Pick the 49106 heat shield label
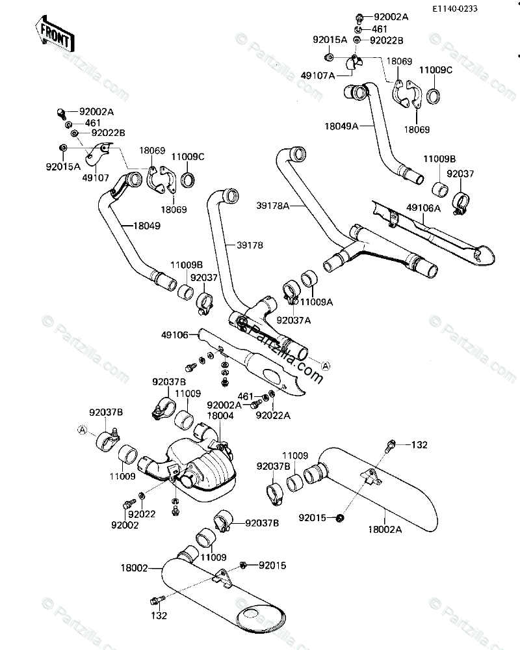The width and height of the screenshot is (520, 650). coord(175,335)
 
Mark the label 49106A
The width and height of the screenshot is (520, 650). coord(424,208)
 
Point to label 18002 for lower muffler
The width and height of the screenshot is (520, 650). coord(134,567)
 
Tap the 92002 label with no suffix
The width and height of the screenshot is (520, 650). coord(125,524)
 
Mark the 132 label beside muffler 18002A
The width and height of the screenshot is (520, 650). coord(420,444)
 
